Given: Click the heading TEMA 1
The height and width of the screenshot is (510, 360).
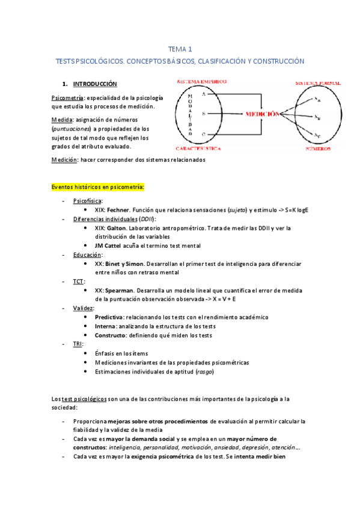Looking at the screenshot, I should point(180,49).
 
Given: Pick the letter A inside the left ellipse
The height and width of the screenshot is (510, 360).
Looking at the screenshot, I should point(204,94).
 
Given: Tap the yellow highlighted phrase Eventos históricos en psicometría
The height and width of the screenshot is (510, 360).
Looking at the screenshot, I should point(98,187).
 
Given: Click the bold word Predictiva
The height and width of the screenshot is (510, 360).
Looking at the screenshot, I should point(109,317).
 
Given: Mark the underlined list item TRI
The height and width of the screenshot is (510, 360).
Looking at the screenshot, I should point(78,344).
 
